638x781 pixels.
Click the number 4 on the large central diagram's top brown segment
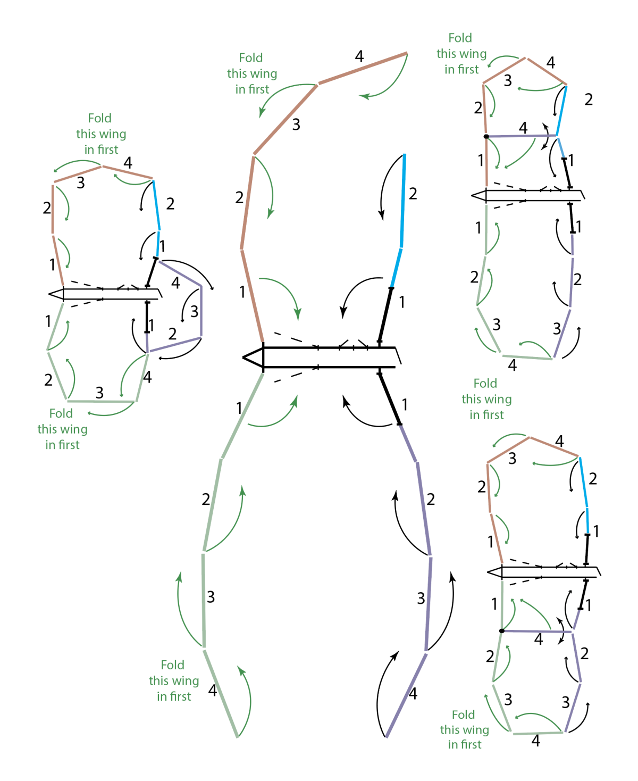click(x=359, y=56)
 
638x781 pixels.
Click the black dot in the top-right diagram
click(x=486, y=137)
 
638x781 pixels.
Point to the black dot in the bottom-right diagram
click(x=502, y=631)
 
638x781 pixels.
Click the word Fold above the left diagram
click(x=99, y=118)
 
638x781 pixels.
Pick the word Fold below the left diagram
click(x=61, y=413)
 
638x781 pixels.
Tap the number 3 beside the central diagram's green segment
click(x=211, y=597)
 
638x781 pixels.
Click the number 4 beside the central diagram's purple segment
click(x=413, y=693)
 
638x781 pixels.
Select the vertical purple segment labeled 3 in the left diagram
click(x=201, y=312)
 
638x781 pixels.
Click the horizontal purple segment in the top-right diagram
click(x=521, y=136)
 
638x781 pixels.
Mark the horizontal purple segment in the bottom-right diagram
click(x=537, y=632)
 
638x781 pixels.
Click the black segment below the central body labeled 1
click(x=389, y=399)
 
